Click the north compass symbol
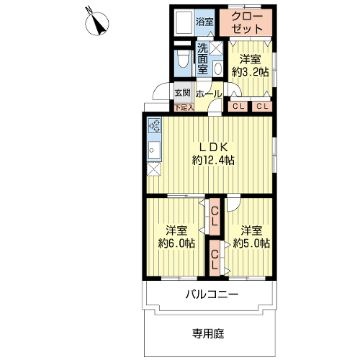(96, 23)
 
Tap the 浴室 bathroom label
(204, 22)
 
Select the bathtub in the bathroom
(184, 23)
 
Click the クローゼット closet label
(248, 22)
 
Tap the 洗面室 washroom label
(202, 59)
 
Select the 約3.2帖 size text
(250, 72)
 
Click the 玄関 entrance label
(183, 93)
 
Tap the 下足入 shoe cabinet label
(184, 107)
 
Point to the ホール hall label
(208, 94)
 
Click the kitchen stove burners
(154, 125)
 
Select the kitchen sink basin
(154, 150)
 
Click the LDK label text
(214, 148)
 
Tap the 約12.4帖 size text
(213, 160)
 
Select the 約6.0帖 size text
(176, 243)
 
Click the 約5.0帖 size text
(251, 243)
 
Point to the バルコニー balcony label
(212, 294)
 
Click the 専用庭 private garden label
(208, 333)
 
